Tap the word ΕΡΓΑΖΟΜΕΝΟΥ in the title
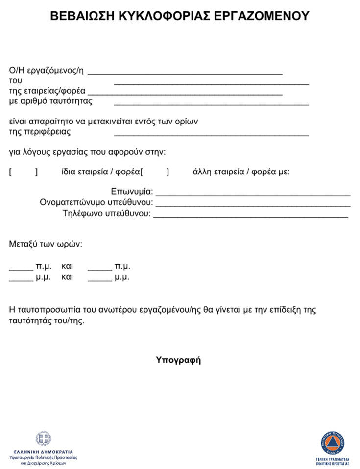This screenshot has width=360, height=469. pyautogui.click(x=263, y=16)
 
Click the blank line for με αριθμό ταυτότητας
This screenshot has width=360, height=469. pyautogui.click(x=211, y=103)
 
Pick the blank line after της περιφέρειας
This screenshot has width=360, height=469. pyautogui.click(x=211, y=133)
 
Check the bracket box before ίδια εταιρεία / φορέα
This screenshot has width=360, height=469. pyautogui.click(x=23, y=172)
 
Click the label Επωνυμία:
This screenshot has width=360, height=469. pyautogui.click(x=132, y=191)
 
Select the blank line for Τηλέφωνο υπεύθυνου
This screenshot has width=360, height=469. pyautogui.click(x=250, y=215)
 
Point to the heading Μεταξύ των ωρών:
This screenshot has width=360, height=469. pyautogui.click(x=46, y=244)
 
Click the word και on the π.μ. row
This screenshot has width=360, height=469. pyautogui.click(x=67, y=267)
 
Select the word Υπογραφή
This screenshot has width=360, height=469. pyautogui.click(x=178, y=360)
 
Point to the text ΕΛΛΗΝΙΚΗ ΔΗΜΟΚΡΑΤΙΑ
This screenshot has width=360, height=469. pyautogui.click(x=43, y=451)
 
